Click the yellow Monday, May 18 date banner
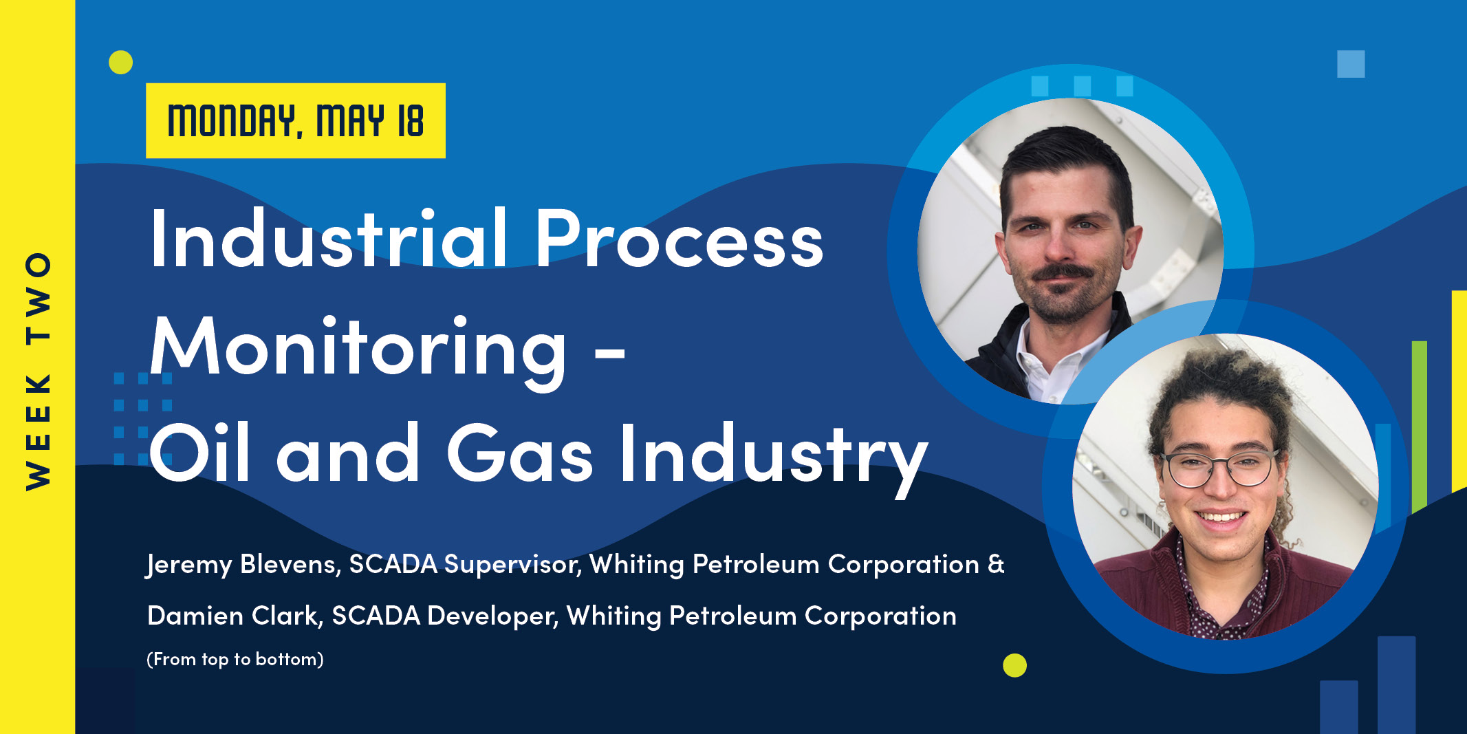pyautogui.click(x=295, y=121)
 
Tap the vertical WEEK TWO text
pyautogui.click(x=39, y=371)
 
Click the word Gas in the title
pyautogui.click(x=520, y=454)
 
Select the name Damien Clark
pyautogui.click(x=235, y=616)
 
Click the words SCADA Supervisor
pyautogui.click(x=465, y=565)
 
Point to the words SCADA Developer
pyautogui.click(x=444, y=616)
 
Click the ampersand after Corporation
pyautogui.click(x=996, y=564)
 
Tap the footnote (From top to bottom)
pyautogui.click(x=235, y=659)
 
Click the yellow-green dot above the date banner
pyautogui.click(x=121, y=63)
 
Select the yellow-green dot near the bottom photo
pyautogui.click(x=1014, y=665)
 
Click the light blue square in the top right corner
pyautogui.click(x=1351, y=64)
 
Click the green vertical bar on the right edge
pyautogui.click(x=1419, y=427)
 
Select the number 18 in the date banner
pyautogui.click(x=411, y=121)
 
